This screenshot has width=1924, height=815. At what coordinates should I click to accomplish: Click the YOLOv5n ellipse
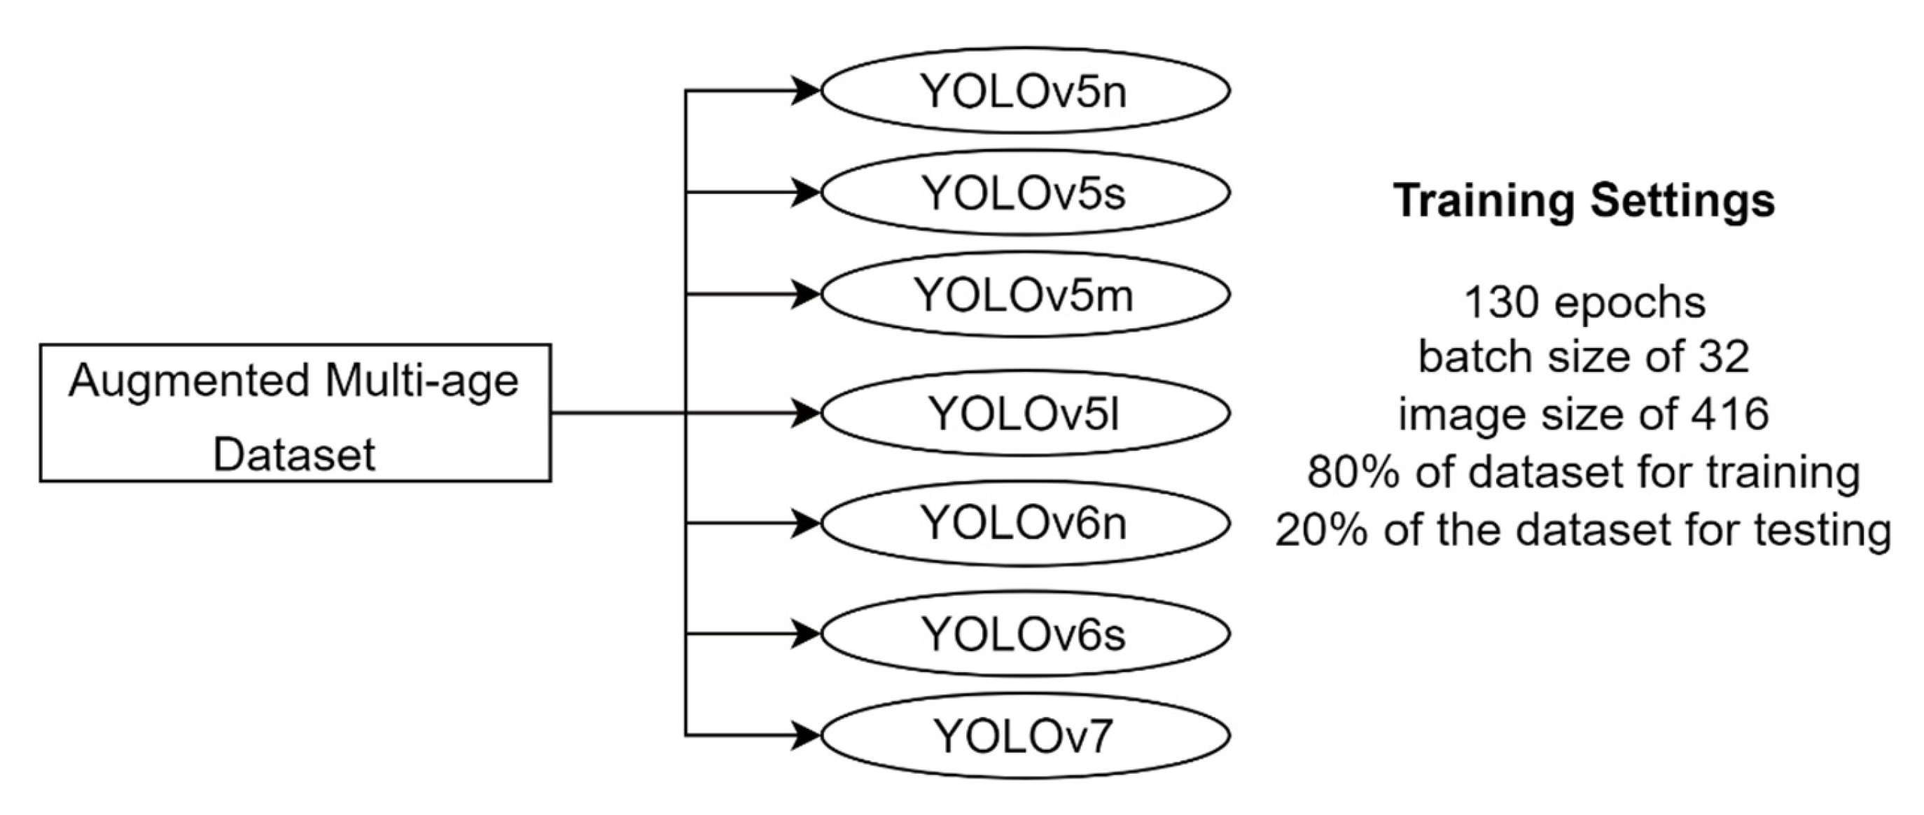coord(1025,91)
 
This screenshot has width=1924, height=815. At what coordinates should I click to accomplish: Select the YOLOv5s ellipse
coord(1025,193)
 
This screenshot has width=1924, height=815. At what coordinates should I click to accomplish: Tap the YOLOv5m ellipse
coord(1025,294)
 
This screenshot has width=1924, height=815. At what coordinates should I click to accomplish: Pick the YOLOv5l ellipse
coord(1025,413)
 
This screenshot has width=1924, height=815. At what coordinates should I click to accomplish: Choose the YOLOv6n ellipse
coord(1025,523)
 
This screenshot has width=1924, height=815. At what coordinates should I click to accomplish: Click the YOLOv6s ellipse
coord(1025,634)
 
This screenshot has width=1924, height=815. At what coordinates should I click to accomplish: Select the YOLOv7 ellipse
coord(1025,736)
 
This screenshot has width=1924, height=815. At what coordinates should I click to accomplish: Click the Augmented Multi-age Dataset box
coord(295,413)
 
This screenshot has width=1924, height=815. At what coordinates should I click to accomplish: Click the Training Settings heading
coord(1584,202)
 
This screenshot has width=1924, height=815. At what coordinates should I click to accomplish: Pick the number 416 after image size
coord(1731,415)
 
